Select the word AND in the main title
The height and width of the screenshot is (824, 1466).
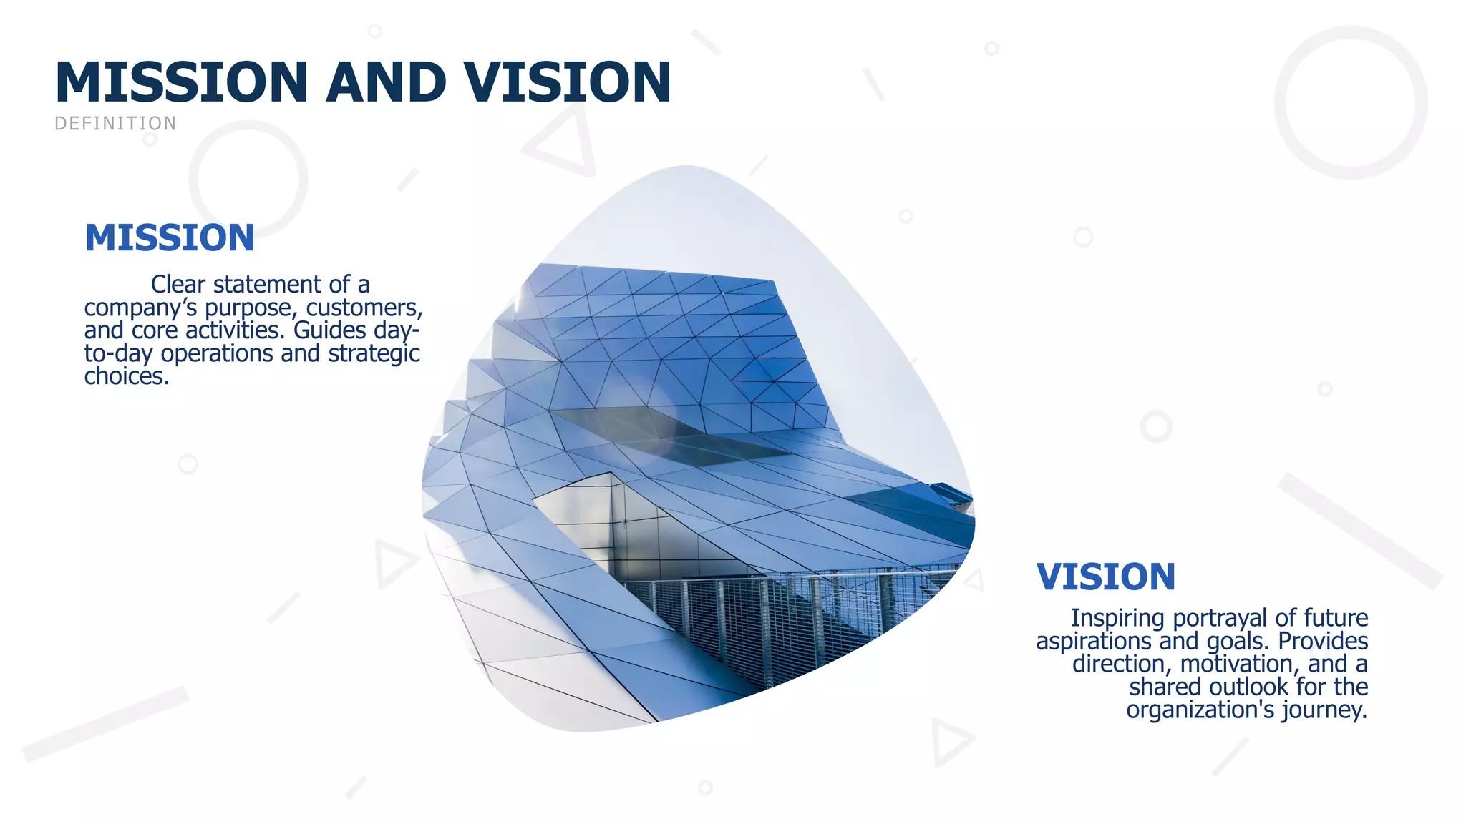coord(385,82)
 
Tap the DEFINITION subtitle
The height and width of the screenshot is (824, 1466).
coord(115,124)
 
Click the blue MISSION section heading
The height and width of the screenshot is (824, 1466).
coord(169,237)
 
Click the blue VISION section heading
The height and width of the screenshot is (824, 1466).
coord(1105,577)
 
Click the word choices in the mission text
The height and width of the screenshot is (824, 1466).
coord(126,376)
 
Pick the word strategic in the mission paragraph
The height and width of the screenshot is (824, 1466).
coord(374,353)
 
